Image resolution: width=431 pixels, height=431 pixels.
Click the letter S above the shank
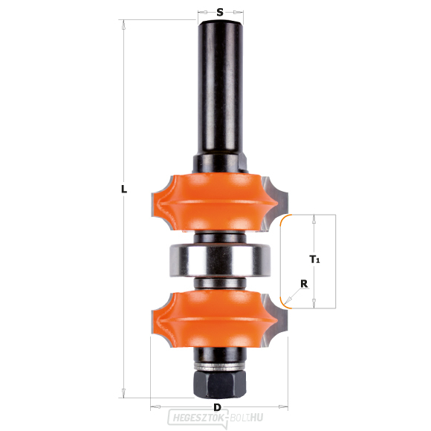coord(220,13)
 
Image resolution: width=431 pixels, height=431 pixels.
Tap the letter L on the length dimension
coord(124,189)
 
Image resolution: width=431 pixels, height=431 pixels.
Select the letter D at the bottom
coord(217,407)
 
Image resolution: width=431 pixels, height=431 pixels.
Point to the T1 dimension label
coord(314,259)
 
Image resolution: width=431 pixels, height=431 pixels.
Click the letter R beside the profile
coord(304,284)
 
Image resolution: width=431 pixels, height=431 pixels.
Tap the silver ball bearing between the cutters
coord(220,260)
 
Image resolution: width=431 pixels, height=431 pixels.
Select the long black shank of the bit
coord(220,88)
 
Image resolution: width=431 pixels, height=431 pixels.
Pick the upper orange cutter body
coord(215,203)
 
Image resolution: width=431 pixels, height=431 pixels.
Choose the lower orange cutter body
coord(215,319)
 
